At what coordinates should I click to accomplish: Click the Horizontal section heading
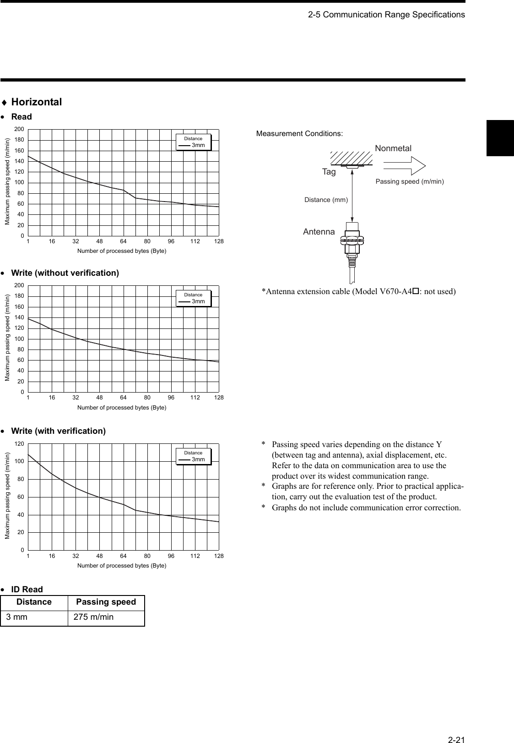36,102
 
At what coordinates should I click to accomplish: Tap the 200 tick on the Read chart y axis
19,129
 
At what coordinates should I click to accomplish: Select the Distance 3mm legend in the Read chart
194,142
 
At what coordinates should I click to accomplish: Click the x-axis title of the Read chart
122,251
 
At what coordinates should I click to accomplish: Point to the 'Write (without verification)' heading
65,273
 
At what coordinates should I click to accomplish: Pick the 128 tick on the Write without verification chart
219,398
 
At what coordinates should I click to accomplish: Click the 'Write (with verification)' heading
58,431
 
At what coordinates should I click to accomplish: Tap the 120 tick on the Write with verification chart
19,444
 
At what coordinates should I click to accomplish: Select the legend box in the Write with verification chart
194,456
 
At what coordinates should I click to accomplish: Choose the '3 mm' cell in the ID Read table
16,617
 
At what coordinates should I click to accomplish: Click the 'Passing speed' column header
106,602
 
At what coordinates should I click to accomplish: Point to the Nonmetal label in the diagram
393,148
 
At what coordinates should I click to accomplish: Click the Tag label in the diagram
329,172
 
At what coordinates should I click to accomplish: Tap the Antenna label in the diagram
319,232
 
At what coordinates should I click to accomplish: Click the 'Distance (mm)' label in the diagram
326,200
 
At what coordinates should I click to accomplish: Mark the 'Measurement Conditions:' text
299,134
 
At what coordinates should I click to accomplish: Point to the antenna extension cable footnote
358,291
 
